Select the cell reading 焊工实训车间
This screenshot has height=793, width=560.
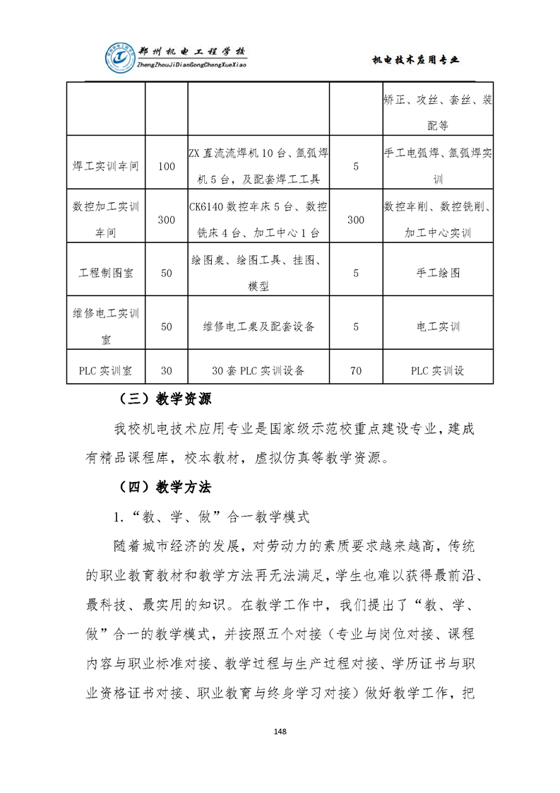(x=106, y=167)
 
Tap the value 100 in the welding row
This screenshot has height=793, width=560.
(x=167, y=167)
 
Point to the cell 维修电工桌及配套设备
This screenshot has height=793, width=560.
(x=258, y=327)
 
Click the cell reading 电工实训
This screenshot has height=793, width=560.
(x=438, y=327)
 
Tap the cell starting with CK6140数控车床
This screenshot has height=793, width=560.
(x=258, y=219)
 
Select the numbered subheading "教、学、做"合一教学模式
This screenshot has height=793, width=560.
(x=212, y=517)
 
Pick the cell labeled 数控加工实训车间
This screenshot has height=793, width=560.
(x=106, y=219)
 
